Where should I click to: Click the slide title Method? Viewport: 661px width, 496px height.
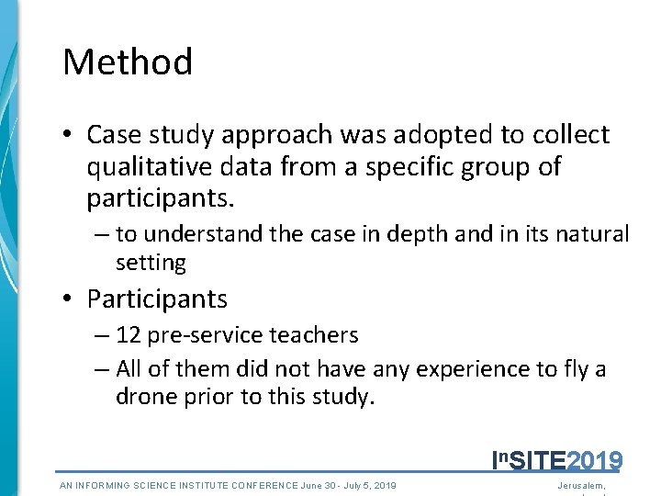[128, 62]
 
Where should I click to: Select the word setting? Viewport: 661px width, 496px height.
[151, 264]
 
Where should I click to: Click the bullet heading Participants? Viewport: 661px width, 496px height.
[157, 299]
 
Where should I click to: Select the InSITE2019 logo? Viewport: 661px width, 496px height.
[557, 460]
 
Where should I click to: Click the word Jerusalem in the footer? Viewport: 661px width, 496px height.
[582, 485]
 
